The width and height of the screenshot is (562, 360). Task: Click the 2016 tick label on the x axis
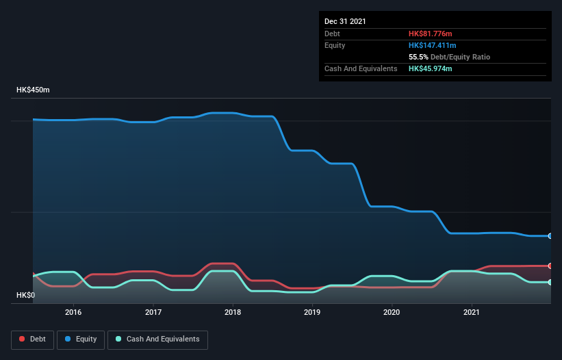(x=73, y=312)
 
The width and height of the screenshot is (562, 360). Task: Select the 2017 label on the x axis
(x=153, y=312)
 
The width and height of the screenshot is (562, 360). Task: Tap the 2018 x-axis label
(x=233, y=312)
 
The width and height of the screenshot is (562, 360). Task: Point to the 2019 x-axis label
(x=312, y=312)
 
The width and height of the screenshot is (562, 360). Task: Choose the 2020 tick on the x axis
(x=392, y=312)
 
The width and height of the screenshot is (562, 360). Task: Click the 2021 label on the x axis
(x=471, y=312)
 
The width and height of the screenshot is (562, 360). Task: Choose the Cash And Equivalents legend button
(x=157, y=339)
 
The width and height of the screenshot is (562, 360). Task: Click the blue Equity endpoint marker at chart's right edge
(x=550, y=236)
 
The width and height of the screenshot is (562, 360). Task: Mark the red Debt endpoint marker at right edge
(x=550, y=266)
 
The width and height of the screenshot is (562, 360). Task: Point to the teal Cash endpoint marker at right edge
(x=550, y=282)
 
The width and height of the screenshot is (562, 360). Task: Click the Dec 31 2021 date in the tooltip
(x=345, y=21)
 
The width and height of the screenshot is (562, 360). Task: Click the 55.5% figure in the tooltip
(x=419, y=57)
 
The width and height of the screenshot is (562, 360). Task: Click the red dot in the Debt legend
(x=23, y=339)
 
